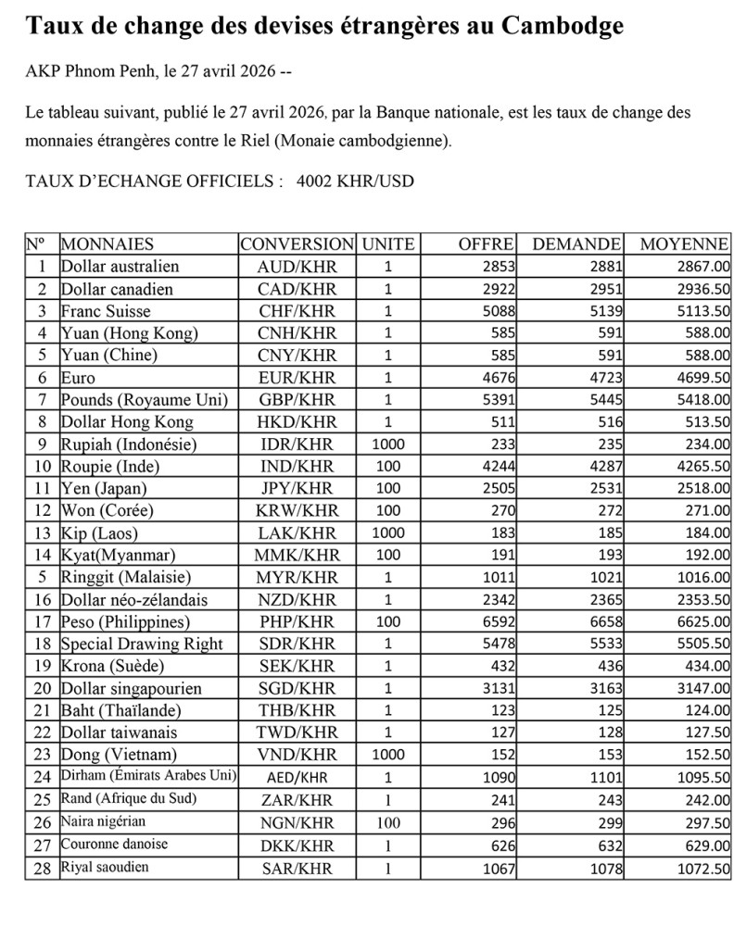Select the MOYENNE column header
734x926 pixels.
pos(684,244)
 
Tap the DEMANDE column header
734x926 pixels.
pos(576,244)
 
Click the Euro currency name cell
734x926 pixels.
pos(78,378)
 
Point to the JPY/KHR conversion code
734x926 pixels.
pos(296,489)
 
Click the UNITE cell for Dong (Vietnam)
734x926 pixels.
pos(387,756)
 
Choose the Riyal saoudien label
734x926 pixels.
pos(104,868)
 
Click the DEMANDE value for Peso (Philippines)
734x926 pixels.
pos(602,622)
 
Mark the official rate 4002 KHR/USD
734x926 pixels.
pos(355,181)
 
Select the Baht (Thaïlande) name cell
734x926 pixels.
pos(120,711)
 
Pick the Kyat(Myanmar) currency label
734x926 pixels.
pos(117,556)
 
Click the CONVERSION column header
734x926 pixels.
pos(297,244)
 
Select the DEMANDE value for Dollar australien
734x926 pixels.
pos(602,267)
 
